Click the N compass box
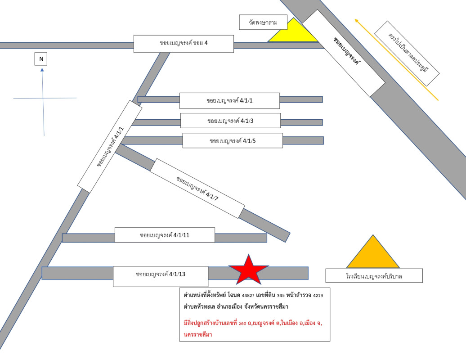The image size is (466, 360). [41, 59]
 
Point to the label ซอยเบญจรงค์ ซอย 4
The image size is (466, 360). [184, 44]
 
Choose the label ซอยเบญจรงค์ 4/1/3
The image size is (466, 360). [230, 121]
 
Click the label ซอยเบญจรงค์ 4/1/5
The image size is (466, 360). [233, 141]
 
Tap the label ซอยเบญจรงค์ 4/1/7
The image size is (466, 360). [197, 188]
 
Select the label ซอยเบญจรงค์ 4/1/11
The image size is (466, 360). [165, 235]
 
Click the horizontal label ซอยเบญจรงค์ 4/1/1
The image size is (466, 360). [229, 100]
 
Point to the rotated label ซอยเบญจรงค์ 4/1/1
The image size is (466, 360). [110, 147]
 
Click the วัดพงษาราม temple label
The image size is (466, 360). [264, 22]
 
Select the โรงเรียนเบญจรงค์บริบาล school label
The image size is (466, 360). [374, 276]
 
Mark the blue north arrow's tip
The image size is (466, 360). [42, 69]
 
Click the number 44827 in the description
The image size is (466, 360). [248, 295]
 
